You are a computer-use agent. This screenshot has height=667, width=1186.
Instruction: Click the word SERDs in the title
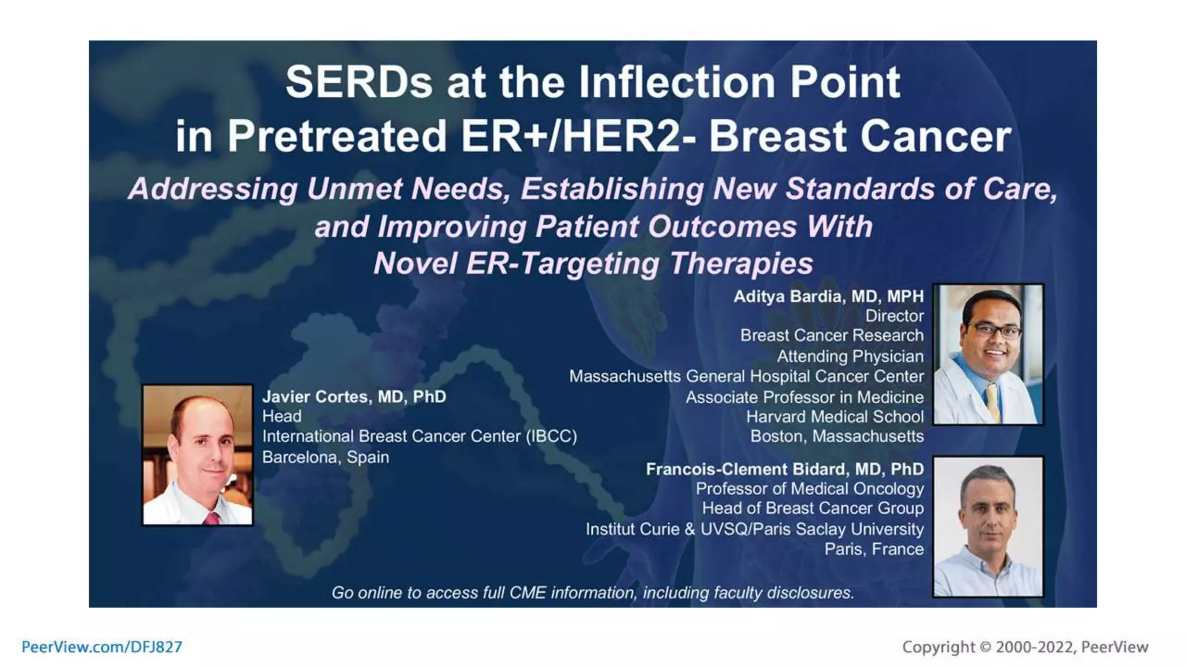pyautogui.click(x=358, y=82)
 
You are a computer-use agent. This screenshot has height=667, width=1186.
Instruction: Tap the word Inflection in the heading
pyautogui.click(x=679, y=82)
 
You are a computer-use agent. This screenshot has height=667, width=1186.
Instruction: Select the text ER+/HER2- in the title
pyautogui.click(x=579, y=137)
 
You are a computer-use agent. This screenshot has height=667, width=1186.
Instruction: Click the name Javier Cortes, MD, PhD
pyautogui.click(x=354, y=397)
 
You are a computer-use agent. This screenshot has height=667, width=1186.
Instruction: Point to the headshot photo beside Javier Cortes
pyautogui.click(x=197, y=455)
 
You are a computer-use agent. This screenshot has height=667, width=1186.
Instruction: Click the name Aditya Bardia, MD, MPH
pyautogui.click(x=828, y=296)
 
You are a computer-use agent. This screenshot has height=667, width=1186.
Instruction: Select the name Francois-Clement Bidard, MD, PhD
pyautogui.click(x=784, y=469)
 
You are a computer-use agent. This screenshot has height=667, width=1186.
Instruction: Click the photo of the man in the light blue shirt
pyautogui.click(x=988, y=527)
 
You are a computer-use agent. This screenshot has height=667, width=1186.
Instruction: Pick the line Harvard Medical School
pyautogui.click(x=834, y=417)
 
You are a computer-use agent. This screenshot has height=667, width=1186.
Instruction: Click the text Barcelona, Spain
pyautogui.click(x=325, y=457)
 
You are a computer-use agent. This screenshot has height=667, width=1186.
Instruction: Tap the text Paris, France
pyautogui.click(x=873, y=549)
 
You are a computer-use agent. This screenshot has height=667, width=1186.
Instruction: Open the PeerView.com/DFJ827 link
pyautogui.click(x=102, y=647)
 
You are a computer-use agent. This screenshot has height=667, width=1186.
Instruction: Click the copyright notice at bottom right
pyautogui.click(x=1024, y=647)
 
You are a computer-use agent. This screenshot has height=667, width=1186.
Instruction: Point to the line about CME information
pyautogui.click(x=592, y=593)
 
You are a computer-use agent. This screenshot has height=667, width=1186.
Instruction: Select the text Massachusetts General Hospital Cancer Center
pyautogui.click(x=746, y=376)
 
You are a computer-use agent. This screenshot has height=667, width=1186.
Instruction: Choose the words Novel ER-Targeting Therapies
pyautogui.click(x=593, y=263)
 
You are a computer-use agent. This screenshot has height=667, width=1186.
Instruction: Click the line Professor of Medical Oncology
pyautogui.click(x=810, y=489)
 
